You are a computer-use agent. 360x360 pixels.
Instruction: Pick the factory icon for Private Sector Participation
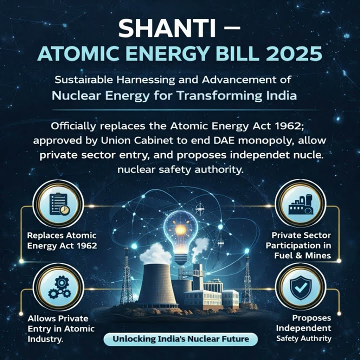pyautogui.click(x=300, y=204)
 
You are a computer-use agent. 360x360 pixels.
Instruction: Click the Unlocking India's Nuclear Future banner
pyautogui.click(x=180, y=339)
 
